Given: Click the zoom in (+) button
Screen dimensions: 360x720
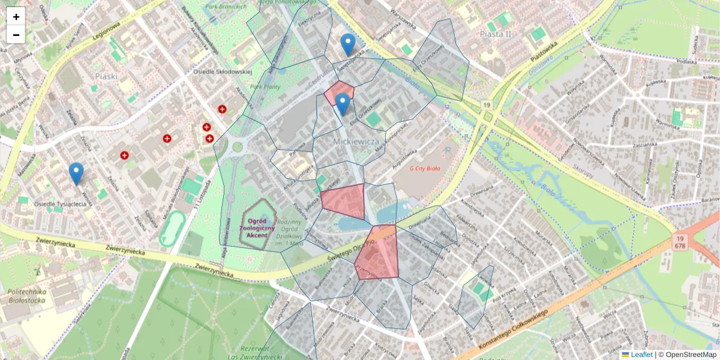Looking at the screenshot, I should pyautogui.click(x=16, y=17).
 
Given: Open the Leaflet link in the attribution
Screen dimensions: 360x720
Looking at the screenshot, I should pyautogui.click(x=641, y=355).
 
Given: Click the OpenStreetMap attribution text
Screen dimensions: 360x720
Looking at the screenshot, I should pyautogui.click(x=691, y=355).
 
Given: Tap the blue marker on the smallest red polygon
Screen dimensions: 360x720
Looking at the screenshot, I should pyautogui.click(x=343, y=104).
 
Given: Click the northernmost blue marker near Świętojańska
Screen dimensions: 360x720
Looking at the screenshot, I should pyautogui.click(x=347, y=44).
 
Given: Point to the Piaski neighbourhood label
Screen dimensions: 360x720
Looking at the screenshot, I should pyautogui.click(x=106, y=76).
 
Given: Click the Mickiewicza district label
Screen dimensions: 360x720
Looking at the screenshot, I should pyautogui.click(x=358, y=141).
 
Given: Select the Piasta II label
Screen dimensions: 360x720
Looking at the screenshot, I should pyautogui.click(x=496, y=34).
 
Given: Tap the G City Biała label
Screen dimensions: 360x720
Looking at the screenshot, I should pyautogui.click(x=425, y=169).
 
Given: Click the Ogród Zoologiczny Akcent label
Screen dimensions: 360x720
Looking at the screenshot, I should pyautogui.click(x=257, y=228).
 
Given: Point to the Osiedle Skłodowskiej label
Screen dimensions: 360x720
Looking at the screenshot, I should pyautogui.click(x=222, y=72).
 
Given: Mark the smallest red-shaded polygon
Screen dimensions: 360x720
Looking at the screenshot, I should pyautogui.click(x=338, y=92).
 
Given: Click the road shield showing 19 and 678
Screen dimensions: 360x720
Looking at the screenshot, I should pyautogui.click(x=680, y=242).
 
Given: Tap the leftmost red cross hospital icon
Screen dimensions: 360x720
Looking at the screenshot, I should pyautogui.click(x=125, y=155).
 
